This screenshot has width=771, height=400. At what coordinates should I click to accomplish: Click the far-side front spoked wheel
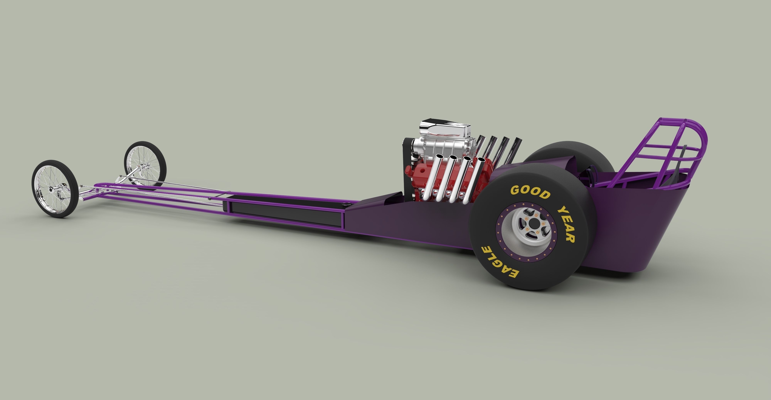point(145,163)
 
